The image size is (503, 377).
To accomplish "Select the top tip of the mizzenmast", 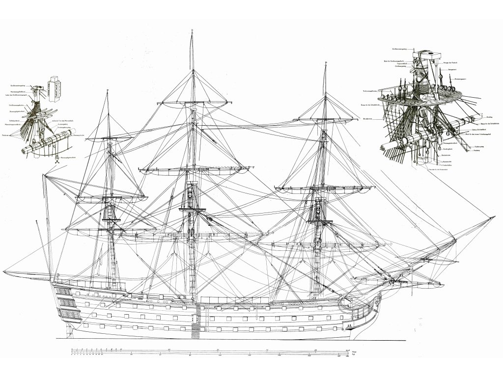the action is (x=107, y=90).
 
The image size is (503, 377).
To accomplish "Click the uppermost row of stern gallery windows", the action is (x=64, y=293).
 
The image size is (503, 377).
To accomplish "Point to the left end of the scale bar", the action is (x=72, y=350).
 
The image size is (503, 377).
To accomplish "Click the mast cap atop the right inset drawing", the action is (x=425, y=54).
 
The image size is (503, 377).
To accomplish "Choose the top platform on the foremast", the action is (x=319, y=221).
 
